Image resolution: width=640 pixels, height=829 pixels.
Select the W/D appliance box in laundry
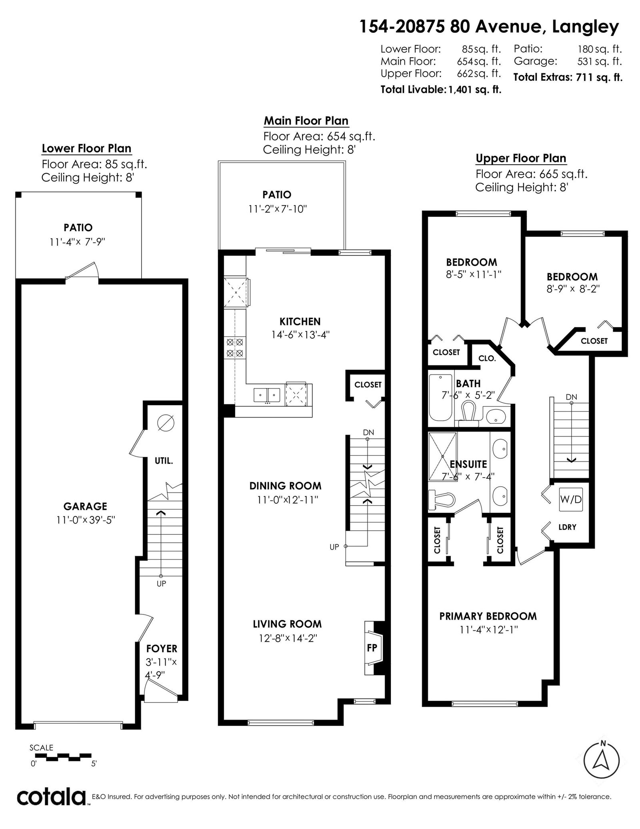pos(571,499)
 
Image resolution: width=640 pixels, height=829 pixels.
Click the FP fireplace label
pos(372,647)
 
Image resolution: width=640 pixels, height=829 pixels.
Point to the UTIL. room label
pos(164,461)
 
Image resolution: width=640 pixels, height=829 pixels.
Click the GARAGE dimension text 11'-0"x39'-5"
pos(86,520)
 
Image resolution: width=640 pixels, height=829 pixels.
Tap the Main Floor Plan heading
pos(306,121)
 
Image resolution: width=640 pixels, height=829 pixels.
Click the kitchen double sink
pos(267,395)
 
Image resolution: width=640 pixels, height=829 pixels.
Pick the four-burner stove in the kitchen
pos(235,347)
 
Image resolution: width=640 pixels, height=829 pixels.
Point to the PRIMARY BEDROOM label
pos(488,616)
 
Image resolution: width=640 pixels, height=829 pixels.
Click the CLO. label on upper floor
pos(487,358)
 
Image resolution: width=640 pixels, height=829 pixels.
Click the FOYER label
pos(162,648)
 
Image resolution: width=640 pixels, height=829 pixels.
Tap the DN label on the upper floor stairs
pos(571,397)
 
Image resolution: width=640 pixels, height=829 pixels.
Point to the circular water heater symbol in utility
pos(166,423)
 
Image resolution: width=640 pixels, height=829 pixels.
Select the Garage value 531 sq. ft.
pos(600,62)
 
